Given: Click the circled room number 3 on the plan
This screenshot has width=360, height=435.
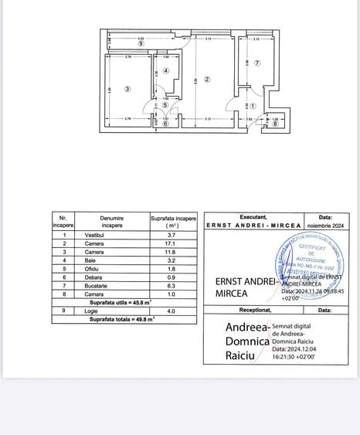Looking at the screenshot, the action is click(x=127, y=89).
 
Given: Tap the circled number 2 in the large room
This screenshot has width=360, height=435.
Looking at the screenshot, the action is click(x=207, y=79).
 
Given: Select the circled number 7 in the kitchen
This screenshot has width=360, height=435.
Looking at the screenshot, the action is click(x=257, y=63).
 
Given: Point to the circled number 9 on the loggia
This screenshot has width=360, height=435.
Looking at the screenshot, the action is click(x=141, y=43).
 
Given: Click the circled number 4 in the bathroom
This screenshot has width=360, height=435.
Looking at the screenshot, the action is click(x=165, y=70).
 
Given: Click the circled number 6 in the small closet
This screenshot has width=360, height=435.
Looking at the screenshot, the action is click(x=166, y=123).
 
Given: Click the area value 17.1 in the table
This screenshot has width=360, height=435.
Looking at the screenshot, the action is click(x=173, y=243).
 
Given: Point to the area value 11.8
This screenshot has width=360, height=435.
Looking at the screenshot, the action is click(x=173, y=251).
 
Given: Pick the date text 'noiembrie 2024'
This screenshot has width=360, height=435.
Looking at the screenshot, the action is click(x=326, y=225).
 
